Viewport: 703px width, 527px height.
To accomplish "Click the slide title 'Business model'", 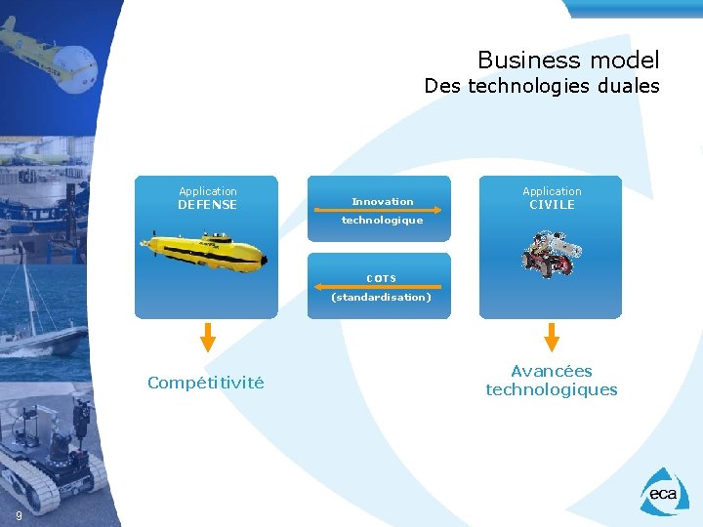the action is [x=568, y=61].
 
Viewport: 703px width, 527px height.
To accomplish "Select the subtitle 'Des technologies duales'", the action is [x=541, y=86].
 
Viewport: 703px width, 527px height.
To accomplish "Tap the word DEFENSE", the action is [x=207, y=205].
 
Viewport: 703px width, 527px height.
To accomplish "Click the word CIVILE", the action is [x=552, y=205].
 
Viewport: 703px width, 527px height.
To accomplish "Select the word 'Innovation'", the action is [x=383, y=201].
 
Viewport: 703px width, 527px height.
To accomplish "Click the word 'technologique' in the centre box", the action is [x=382, y=221].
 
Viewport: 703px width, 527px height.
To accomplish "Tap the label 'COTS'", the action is [x=381, y=278].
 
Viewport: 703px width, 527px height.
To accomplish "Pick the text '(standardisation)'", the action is [x=381, y=297].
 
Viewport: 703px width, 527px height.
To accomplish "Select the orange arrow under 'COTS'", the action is [x=379, y=287].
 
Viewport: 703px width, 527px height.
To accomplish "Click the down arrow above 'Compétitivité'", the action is [x=207, y=337].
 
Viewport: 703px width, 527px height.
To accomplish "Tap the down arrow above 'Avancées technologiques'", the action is [x=552, y=337].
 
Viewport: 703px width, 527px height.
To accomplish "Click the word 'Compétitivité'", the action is [x=205, y=383].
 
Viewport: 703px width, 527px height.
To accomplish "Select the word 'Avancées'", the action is [x=552, y=371].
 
